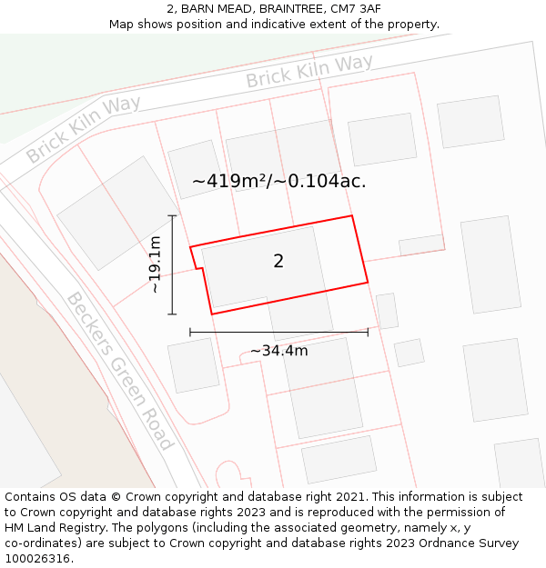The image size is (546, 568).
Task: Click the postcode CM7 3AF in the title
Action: coord(356,9)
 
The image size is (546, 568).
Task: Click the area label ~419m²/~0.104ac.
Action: coord(279,181)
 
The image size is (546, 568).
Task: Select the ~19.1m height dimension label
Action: coord(155,264)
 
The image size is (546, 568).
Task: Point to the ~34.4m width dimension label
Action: coord(279,351)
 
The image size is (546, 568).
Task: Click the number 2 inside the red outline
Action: coord(278,262)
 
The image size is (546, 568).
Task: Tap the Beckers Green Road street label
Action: coord(119,370)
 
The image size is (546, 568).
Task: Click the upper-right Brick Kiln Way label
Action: coord(309,72)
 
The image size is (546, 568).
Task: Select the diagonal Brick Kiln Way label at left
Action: coord(83,128)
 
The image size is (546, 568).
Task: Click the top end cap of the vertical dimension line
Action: coord(172,215)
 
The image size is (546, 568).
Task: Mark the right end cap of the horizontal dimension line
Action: coord(368,333)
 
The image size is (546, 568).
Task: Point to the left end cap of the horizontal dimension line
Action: coord(190,333)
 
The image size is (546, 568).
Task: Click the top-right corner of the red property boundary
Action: coord(351,216)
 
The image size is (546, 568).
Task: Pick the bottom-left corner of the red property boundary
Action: coord(212,314)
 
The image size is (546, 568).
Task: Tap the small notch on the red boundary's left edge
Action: coord(199,268)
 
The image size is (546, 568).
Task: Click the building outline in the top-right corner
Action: coord(470,121)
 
